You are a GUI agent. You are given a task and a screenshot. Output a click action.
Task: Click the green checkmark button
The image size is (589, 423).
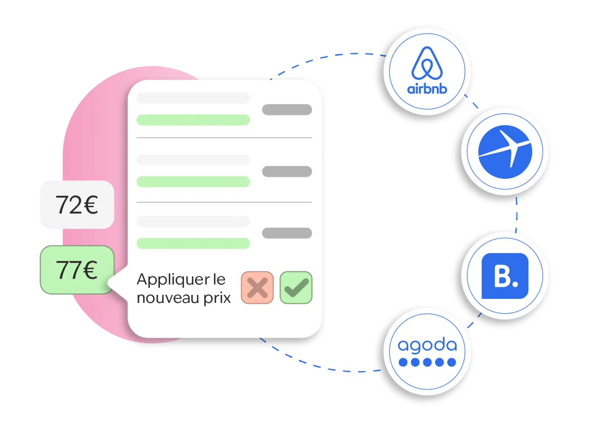(296, 287)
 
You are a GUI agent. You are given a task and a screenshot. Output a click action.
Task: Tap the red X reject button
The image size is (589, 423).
(257, 287)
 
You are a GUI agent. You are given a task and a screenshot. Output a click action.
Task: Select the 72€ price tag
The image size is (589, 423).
(77, 205)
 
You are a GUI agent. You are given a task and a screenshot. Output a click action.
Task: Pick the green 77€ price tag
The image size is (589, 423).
(77, 270)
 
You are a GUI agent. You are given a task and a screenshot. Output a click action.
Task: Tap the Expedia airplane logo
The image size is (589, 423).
(505, 152)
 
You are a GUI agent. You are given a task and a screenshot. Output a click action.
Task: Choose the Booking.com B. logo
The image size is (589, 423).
(505, 276)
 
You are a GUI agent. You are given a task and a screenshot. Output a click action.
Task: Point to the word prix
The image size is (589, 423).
(217, 298)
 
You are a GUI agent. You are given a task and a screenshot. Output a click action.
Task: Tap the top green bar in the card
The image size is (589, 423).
(193, 120)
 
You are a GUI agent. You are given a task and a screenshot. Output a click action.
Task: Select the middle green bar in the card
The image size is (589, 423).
(193, 182)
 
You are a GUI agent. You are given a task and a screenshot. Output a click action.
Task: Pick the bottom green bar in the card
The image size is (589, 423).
(193, 243)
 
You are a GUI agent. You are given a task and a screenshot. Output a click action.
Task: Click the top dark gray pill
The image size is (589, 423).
(287, 109)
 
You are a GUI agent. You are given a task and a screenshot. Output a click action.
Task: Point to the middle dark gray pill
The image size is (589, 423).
(287, 171)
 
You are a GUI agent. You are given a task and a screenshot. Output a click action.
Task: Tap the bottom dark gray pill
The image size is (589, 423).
(287, 233)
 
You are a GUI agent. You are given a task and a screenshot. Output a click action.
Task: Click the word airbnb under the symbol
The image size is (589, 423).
(427, 89)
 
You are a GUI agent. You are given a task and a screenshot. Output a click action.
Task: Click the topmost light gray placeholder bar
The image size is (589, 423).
(193, 98)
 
